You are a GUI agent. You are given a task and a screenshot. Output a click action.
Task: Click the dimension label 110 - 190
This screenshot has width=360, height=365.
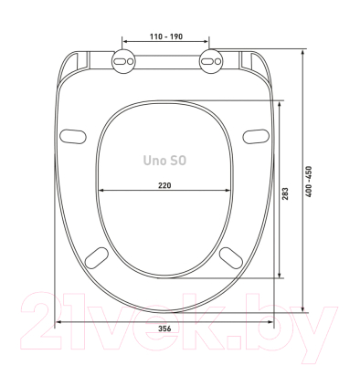166,36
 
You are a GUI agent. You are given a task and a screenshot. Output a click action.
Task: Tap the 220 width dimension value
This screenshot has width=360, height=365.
164,185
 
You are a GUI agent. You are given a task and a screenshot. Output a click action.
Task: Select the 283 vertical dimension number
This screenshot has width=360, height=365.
285,193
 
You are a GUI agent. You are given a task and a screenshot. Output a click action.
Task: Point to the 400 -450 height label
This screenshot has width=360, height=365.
309,182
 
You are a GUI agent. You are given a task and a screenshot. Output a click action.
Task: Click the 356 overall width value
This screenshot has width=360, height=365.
164,328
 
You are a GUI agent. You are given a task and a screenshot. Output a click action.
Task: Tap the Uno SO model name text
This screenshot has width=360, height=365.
164,161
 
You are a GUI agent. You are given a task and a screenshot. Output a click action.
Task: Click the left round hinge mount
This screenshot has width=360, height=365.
123,61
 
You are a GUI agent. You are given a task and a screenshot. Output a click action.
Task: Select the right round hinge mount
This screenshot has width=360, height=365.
211,61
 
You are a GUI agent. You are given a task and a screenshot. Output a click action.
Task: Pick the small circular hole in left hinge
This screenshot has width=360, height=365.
130,61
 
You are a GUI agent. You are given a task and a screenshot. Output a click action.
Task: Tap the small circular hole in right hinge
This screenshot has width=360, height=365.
217,61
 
